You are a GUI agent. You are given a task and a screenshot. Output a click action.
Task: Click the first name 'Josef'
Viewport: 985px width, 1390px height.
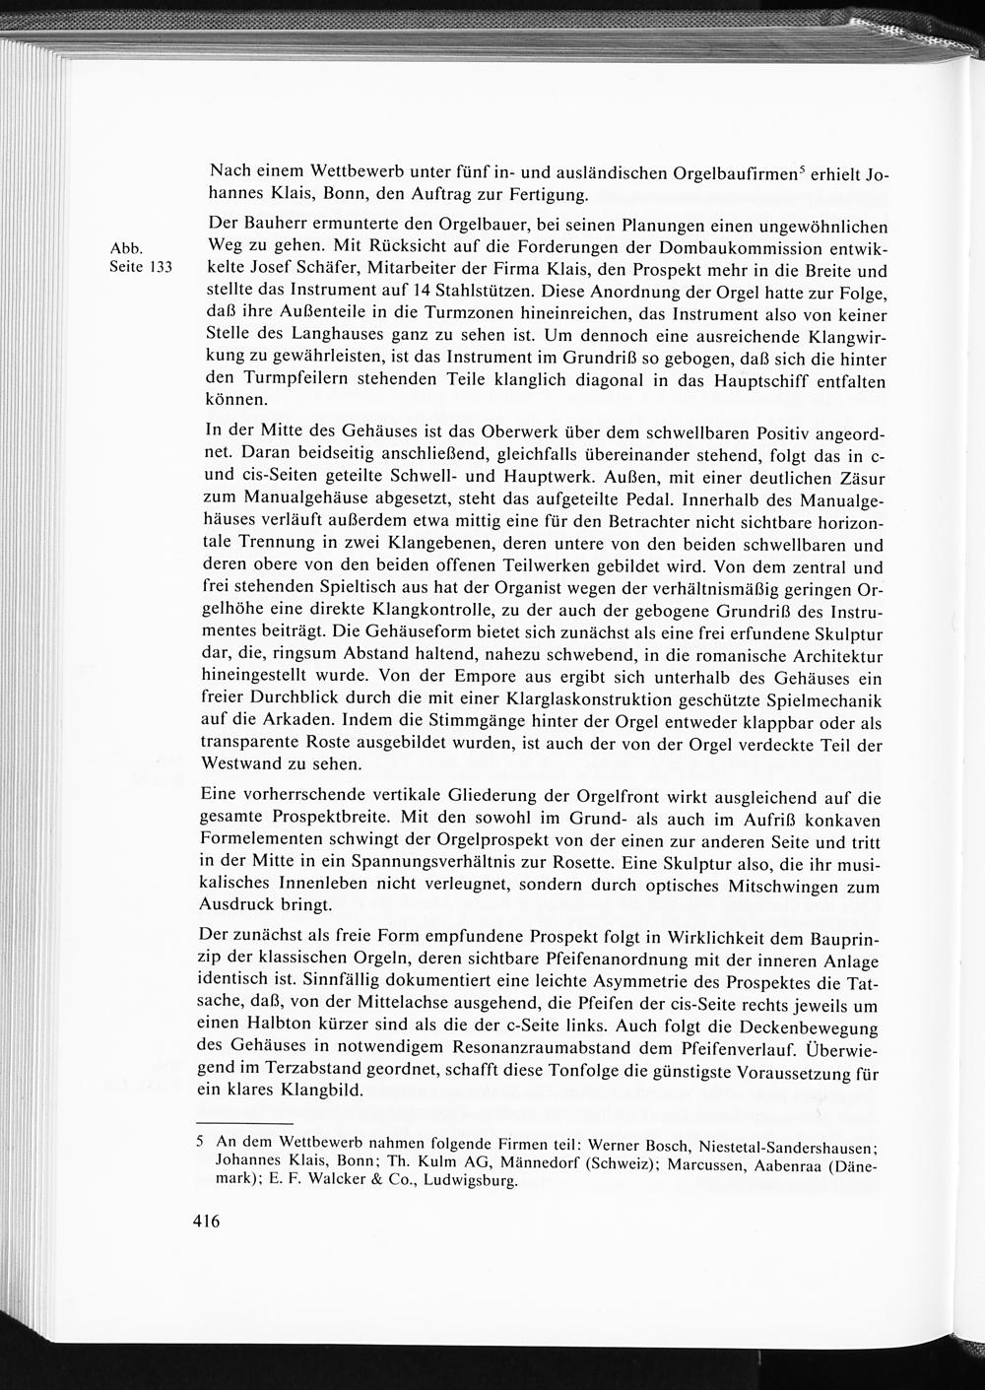point(286,271)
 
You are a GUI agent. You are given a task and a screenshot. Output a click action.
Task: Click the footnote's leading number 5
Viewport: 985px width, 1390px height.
point(200,1144)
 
